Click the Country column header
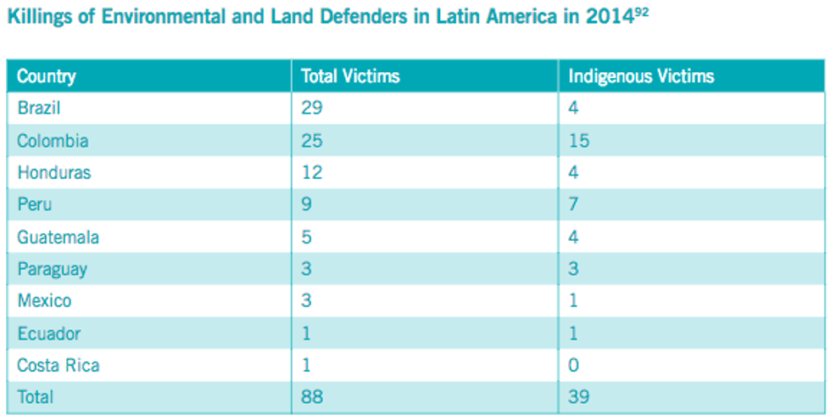(46, 76)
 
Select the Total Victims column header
(350, 76)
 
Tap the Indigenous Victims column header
(641, 76)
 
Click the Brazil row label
(38, 109)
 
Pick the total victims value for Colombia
(312, 141)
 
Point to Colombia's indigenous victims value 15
(579, 141)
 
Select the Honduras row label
(53, 173)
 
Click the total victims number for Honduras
(311, 173)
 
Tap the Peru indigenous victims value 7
(574, 205)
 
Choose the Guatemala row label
(58, 238)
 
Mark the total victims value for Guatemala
(307, 238)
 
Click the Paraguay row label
(52, 270)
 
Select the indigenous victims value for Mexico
(573, 301)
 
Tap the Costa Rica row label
(58, 366)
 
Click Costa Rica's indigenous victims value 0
(574, 366)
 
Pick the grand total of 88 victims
(312, 397)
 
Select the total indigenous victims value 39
(579, 397)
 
